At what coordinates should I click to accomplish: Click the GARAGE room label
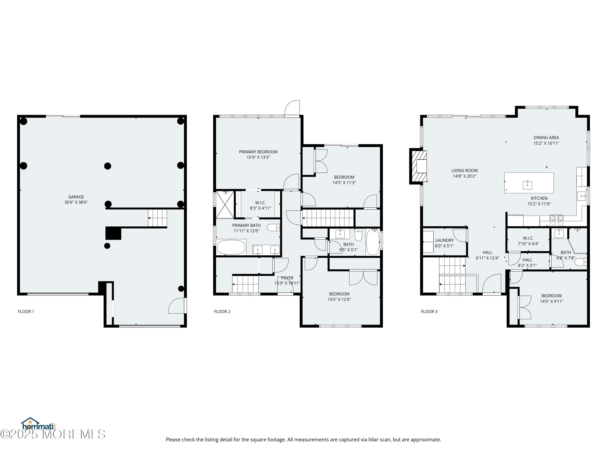76,197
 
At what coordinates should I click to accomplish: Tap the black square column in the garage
113,233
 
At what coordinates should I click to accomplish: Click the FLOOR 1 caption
26,311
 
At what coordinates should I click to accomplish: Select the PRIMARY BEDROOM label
258,152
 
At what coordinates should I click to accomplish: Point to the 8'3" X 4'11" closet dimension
260,208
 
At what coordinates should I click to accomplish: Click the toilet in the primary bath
273,227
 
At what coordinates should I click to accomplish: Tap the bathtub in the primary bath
231,247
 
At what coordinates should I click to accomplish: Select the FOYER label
287,278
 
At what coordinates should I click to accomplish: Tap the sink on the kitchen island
527,185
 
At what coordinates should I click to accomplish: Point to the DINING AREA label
546,137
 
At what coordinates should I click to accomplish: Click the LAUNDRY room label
444,240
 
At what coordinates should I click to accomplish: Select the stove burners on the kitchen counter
556,218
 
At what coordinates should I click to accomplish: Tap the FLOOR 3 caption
429,311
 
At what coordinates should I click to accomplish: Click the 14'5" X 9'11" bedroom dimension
552,301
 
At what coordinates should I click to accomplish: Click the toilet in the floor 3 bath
580,262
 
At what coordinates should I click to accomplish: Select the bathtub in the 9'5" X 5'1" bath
373,242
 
